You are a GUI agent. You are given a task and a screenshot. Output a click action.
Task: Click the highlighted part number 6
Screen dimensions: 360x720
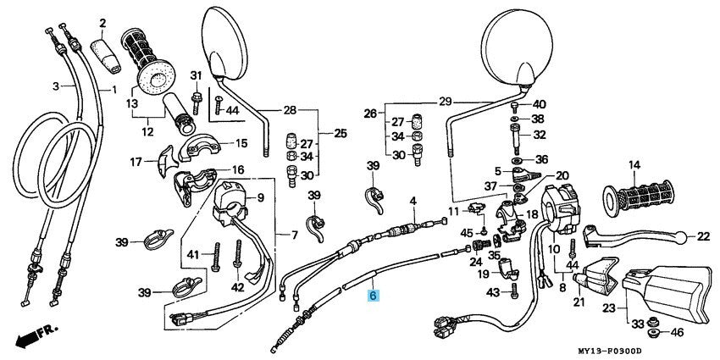374,296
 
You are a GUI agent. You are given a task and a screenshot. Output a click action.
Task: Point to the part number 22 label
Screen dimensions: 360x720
703,236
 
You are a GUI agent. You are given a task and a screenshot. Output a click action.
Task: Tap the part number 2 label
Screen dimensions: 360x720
102,22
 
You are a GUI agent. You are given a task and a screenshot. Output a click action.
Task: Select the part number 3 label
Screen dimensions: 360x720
57,86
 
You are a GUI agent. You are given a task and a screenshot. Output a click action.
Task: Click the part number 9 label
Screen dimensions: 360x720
261,198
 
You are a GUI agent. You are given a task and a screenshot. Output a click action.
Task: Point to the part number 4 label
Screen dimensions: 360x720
413,201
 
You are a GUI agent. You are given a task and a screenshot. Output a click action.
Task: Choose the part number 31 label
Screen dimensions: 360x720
194,75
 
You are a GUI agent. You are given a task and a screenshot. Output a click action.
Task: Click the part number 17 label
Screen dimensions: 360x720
135,161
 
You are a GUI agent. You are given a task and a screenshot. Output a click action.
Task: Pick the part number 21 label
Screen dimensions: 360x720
579,302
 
